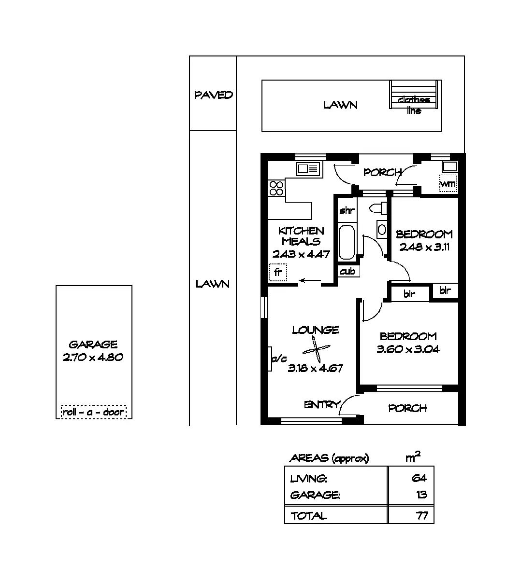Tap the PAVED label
coord(214,95)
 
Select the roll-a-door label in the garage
coord(94,412)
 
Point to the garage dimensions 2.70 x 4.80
coord(93,358)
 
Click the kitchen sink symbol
coord(308,169)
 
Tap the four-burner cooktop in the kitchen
coord(276,188)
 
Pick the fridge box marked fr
coord(278,272)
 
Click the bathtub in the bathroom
coord(346,243)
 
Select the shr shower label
coord(347,210)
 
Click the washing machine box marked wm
coord(448,183)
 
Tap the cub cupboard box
coord(347,271)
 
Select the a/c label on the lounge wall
coord(279,358)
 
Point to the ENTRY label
coord(322,405)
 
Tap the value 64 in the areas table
coord(419,478)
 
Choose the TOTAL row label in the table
coord(309,516)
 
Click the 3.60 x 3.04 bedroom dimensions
coord(408,349)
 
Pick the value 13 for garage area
coord(420,495)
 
